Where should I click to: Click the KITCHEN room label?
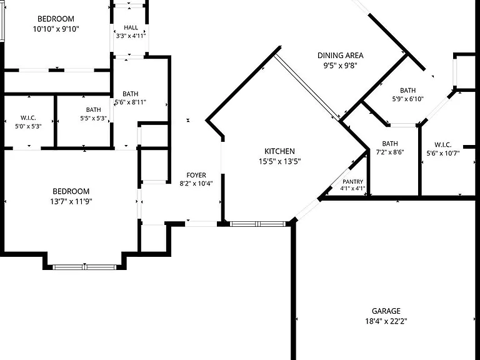279,151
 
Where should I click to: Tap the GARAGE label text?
386,311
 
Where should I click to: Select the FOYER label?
196,175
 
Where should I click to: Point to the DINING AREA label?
341,56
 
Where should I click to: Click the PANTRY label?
353,181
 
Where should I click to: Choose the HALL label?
131,27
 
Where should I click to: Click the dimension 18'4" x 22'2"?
386,321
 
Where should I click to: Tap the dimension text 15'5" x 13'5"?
279,161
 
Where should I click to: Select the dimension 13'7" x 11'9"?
71,201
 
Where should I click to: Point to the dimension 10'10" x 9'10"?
56,29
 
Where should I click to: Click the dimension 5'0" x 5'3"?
28,126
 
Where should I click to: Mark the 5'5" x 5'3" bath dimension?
93,118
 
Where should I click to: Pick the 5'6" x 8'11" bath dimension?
130,102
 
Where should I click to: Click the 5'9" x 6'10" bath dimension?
407,99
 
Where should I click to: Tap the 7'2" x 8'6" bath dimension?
390,152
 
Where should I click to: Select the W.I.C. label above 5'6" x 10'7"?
443,145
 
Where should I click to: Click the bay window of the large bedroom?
84,267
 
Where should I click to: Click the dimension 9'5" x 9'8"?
341,66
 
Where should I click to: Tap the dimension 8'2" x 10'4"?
196,184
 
